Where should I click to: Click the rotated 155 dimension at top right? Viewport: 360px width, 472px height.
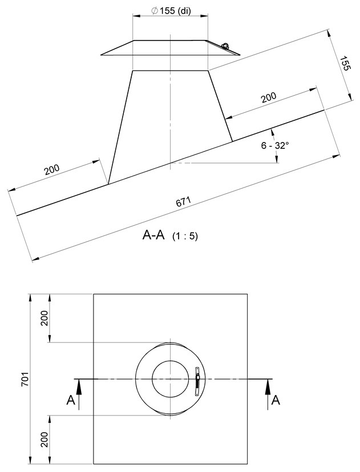point(345,66)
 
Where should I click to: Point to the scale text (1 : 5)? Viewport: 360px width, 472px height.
point(185,236)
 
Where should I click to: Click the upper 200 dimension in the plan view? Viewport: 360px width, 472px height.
point(45,319)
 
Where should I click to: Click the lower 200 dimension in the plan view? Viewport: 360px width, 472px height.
point(45,440)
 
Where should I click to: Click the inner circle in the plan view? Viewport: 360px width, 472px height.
point(169,379)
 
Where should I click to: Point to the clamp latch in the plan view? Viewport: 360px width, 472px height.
point(197,381)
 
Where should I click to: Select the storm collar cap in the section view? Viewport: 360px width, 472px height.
point(171,48)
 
